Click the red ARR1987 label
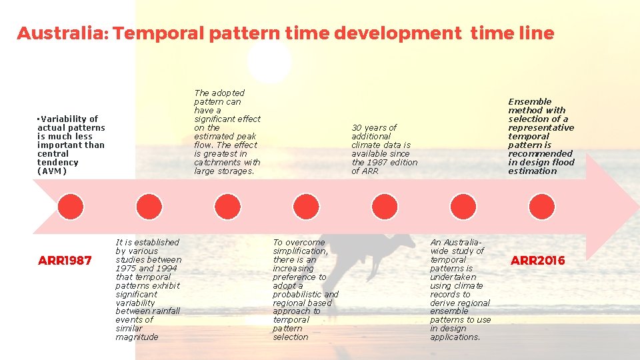click(65, 260)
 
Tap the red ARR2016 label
click(537, 260)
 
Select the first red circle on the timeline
click(71, 207)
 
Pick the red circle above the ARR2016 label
click(541, 207)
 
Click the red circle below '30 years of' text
click(385, 207)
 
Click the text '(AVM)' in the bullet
click(53, 171)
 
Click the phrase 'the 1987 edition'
click(384, 162)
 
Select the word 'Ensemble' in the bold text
click(530, 101)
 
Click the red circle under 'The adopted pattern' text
click(227, 207)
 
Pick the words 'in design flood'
click(541, 162)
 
